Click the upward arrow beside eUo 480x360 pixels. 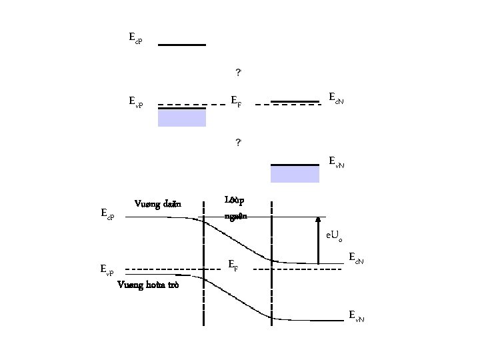pos(319,240)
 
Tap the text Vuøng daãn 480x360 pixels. pos(157,203)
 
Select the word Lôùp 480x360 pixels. pos(235,199)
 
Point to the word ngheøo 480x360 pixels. pos(236,215)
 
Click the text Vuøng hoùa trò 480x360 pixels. pos(148,285)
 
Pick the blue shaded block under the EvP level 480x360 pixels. pos(182,118)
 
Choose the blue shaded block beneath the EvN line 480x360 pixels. pos(294,174)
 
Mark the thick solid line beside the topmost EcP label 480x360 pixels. pos(182,45)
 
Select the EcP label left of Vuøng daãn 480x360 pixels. pos(107,214)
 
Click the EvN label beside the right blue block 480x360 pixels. pos(337,161)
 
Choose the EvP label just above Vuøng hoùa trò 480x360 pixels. pos(107,269)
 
